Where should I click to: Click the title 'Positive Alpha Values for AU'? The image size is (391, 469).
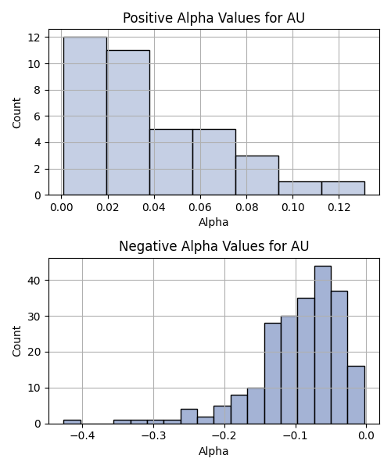click(213, 18)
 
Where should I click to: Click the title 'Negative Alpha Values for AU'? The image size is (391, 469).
click(213, 246)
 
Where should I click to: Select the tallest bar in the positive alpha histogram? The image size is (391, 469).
click(85, 116)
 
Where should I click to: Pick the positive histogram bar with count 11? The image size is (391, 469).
click(128, 123)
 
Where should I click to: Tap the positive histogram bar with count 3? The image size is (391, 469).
click(257, 175)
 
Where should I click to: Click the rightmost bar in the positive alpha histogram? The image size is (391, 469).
click(343, 188)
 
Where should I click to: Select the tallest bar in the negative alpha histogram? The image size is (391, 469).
click(323, 345)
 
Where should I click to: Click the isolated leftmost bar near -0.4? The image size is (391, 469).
click(72, 422)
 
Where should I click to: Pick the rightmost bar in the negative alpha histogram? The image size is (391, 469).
click(356, 395)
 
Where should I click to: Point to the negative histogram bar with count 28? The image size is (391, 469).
click(273, 374)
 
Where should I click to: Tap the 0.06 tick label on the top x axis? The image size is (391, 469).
click(200, 207)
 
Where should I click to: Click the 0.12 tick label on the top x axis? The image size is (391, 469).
click(339, 207)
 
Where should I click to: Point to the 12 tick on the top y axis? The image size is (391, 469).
click(34, 38)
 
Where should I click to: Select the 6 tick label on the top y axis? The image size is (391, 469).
click(37, 116)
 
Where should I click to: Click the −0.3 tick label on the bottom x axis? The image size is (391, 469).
click(153, 436)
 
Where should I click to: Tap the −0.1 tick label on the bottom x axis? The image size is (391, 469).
click(296, 436)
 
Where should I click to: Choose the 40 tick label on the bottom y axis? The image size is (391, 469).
click(34, 281)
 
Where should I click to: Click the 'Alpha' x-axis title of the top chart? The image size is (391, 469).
click(213, 222)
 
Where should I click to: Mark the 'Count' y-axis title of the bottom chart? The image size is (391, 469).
click(16, 342)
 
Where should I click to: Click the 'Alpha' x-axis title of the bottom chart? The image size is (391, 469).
click(213, 451)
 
